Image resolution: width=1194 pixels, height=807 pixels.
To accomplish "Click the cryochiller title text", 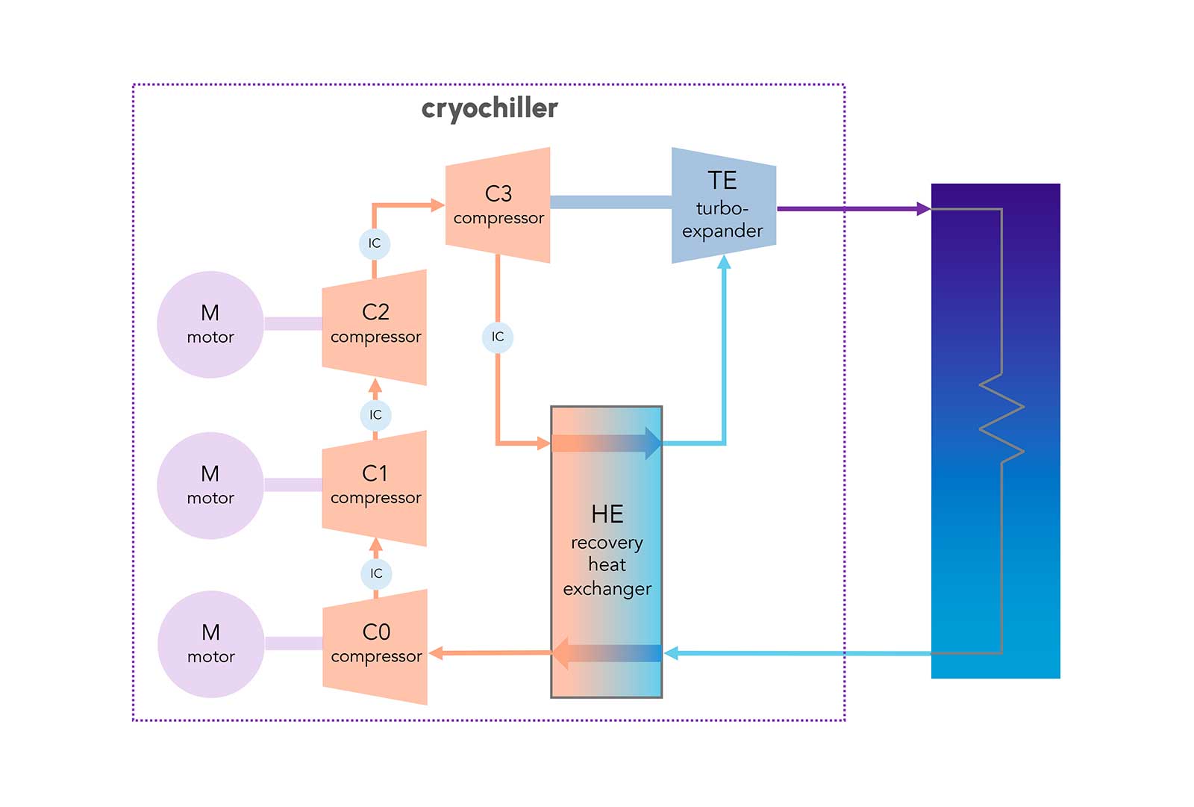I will coord(490,109).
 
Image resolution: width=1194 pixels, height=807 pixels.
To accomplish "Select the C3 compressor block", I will coord(498,205).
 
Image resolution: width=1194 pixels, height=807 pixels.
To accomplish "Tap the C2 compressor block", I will coord(375,325).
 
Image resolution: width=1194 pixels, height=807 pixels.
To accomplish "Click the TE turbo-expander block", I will coord(723,205).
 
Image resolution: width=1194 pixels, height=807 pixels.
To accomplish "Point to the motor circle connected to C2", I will coord(210,325).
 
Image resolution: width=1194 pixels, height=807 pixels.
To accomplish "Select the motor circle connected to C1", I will coord(210,485).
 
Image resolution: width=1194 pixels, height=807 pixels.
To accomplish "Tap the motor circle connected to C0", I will coord(211,644).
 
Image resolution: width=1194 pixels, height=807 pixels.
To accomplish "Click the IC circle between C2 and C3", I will coord(375,243).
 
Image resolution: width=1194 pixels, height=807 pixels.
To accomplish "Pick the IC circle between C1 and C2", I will coord(375,415).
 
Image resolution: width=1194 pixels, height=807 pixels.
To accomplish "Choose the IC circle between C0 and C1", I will coord(376,573).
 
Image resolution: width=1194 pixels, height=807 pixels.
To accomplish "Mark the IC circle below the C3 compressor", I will coord(498,337).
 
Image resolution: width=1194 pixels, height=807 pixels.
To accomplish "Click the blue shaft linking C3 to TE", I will coord(610,202).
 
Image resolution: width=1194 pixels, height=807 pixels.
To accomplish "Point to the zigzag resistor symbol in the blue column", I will coord(1001,418).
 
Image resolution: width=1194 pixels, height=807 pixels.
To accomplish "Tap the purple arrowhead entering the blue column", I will coord(924,209).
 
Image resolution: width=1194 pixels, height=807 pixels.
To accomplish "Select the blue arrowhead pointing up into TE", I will coord(723,262).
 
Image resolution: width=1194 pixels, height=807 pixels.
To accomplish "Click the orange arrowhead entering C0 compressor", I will coord(436,654).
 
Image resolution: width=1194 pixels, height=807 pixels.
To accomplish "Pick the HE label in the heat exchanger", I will coord(607,514).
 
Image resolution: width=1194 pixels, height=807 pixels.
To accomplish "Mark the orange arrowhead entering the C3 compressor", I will coord(438,205).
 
